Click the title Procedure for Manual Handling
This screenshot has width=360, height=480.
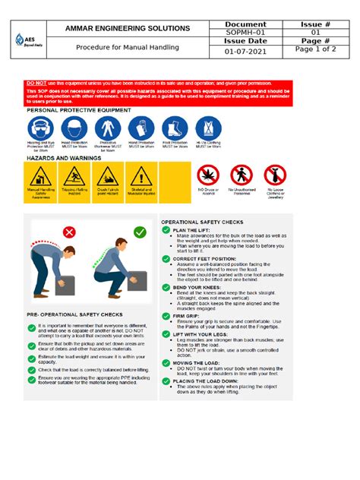pos(127,48)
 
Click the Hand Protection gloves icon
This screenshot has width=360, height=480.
pos(141,128)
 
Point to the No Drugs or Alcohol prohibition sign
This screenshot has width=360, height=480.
pos(208,177)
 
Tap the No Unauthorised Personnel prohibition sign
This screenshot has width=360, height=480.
pos(241,177)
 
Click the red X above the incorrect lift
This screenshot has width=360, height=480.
pos(69,232)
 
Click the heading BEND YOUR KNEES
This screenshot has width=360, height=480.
pos(197,288)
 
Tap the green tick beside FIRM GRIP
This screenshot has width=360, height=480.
pos(166,315)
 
